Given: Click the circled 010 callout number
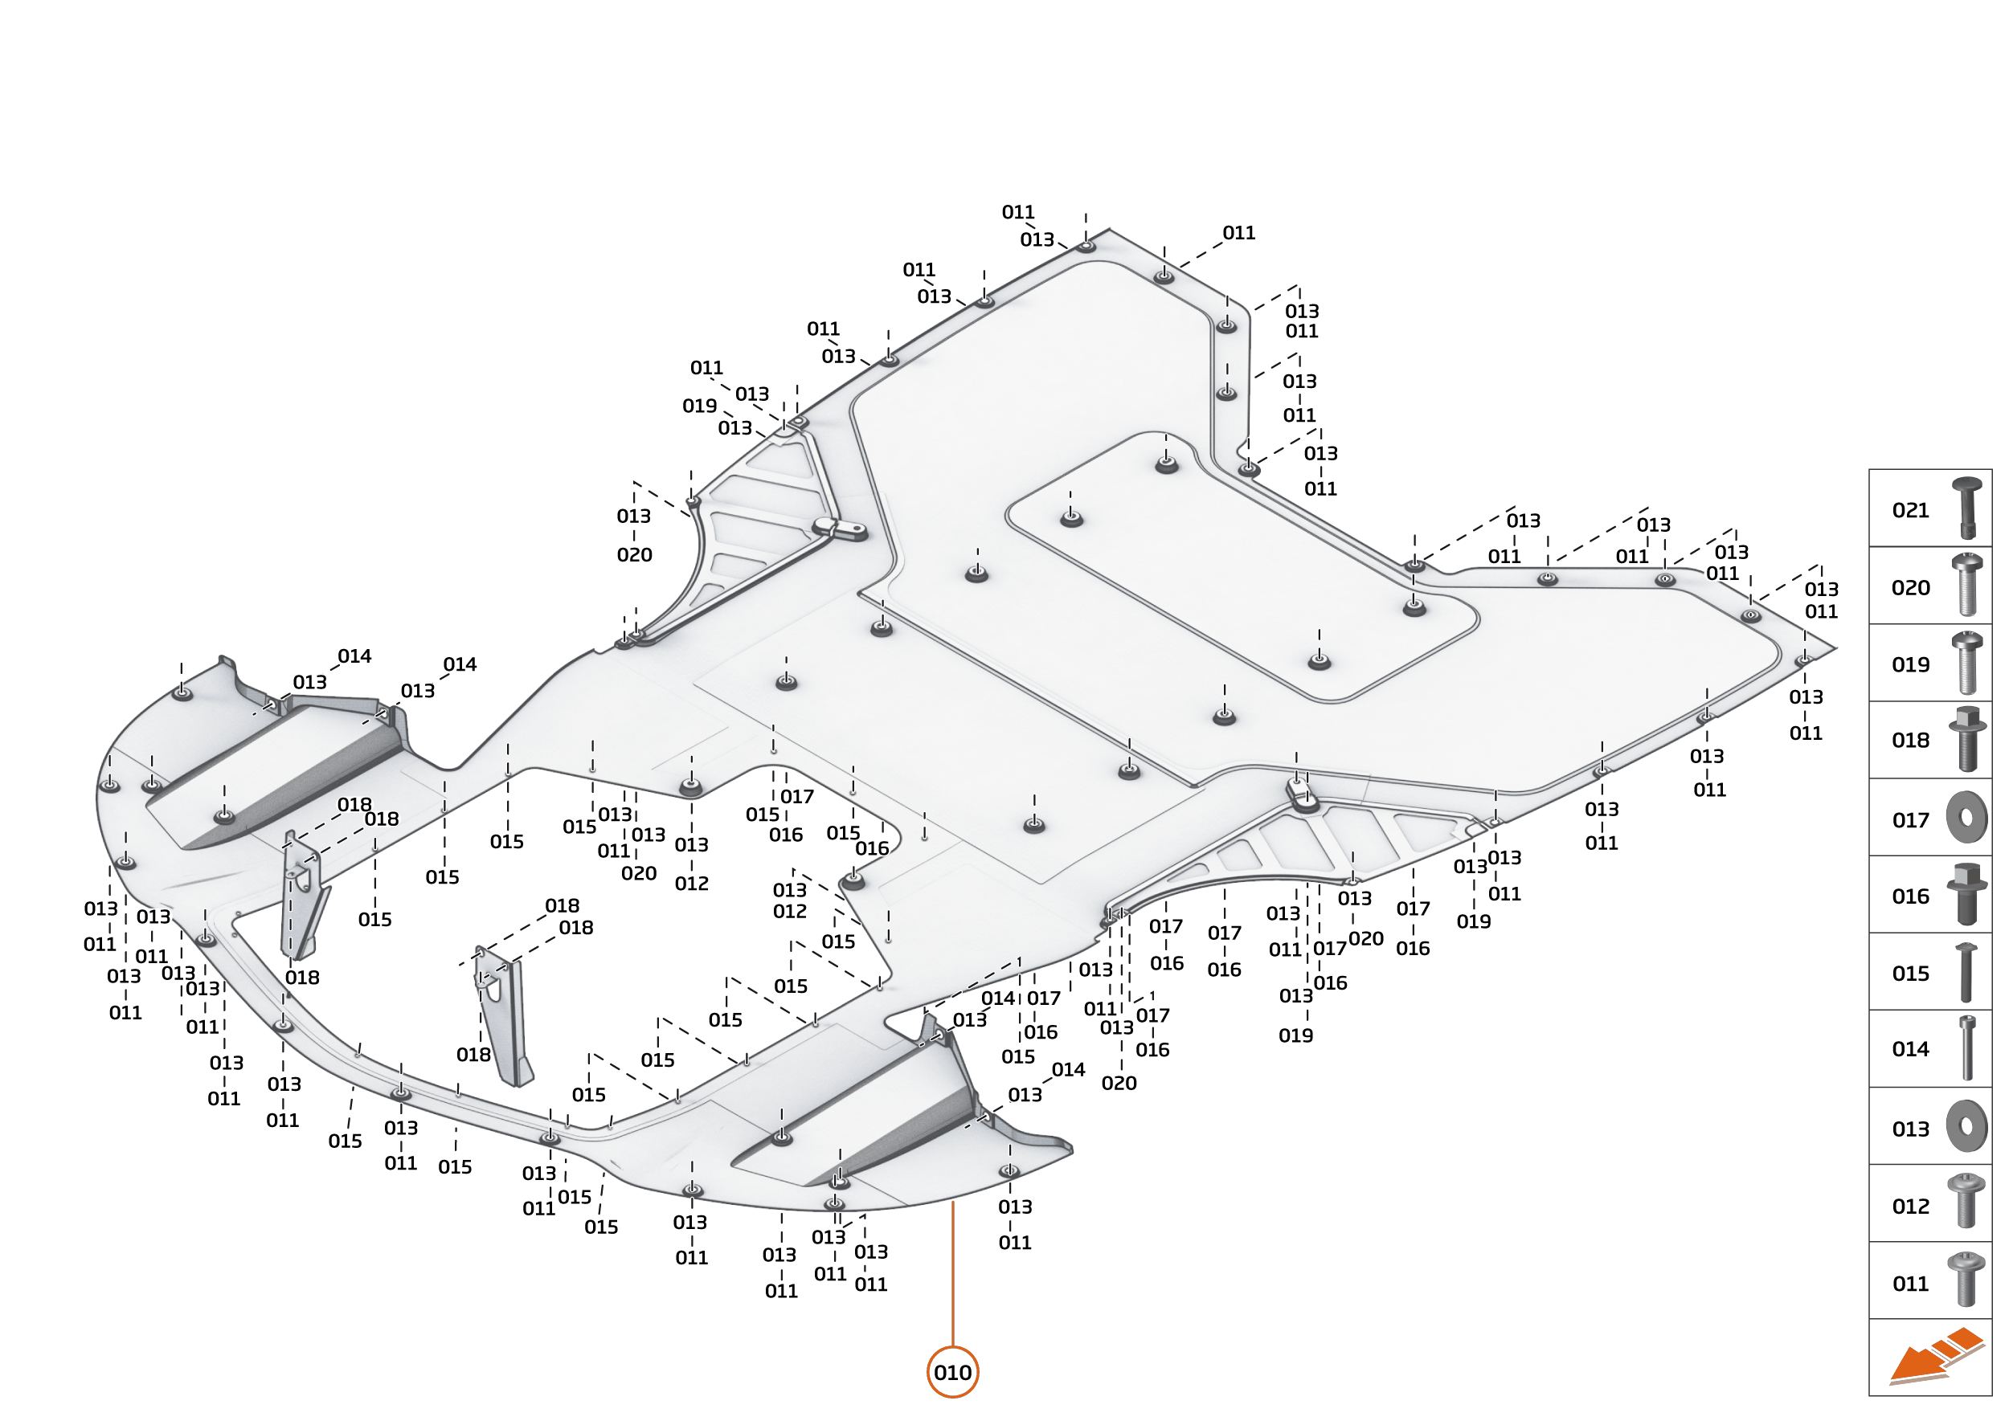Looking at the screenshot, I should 952,1372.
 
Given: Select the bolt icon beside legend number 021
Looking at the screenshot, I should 1966,508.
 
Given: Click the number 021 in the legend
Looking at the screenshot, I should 1910,510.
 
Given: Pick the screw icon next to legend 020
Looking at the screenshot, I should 1966,586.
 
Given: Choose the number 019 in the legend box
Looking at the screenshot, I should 1910,664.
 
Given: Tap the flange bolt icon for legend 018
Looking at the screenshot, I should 1966,739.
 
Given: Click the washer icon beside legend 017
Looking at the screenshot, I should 1966,817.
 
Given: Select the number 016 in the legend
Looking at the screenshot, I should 1910,896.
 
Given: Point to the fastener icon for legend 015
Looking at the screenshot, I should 1966,972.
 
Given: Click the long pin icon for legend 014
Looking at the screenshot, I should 1967,1048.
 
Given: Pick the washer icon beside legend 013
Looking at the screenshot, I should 1966,1125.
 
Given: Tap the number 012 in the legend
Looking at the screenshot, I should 1910,1207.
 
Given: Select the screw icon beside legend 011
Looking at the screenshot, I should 1966,1280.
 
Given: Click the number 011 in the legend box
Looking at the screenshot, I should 1910,1284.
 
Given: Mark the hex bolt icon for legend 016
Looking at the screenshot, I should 1966,893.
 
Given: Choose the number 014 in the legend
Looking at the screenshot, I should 1910,1049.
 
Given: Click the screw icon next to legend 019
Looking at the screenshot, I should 1966,663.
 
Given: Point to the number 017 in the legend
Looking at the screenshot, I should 1910,820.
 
